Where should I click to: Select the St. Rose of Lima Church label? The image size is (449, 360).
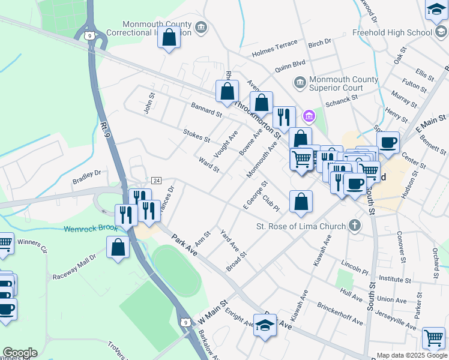pos(301,226)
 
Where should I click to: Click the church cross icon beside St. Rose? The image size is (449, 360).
pos(355,226)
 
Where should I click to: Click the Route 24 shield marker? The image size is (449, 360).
pos(156,180)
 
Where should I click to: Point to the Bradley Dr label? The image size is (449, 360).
pos(86,176)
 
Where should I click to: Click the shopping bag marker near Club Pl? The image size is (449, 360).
pos(301,202)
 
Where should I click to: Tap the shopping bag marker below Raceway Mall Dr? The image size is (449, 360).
pos(118,247)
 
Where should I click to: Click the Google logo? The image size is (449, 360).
pos(20,353)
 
